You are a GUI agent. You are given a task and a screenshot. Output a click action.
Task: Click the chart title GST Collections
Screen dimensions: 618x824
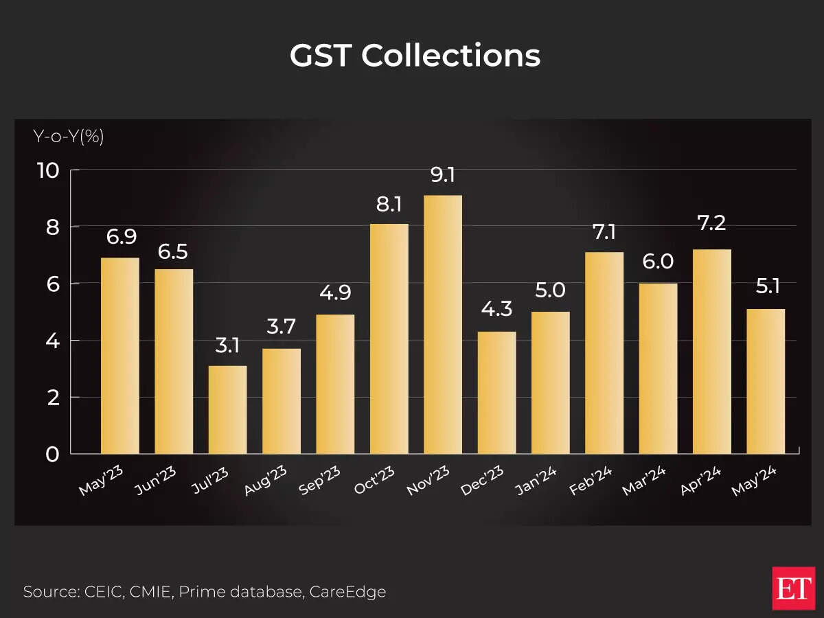point(415,56)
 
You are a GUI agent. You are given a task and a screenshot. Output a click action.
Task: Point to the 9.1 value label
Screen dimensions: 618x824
point(443,175)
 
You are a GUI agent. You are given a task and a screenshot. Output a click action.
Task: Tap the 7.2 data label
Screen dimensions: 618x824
point(711,222)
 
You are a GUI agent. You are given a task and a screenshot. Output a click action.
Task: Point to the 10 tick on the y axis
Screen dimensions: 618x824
point(49,170)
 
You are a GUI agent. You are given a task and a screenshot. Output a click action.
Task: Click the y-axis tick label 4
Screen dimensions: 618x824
point(54,341)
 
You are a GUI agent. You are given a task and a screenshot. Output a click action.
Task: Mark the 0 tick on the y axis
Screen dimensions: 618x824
point(54,454)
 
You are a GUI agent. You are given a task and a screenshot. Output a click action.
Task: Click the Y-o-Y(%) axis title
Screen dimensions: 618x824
point(69,137)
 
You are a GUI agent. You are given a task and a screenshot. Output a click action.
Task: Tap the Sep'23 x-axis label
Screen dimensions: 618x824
point(321,481)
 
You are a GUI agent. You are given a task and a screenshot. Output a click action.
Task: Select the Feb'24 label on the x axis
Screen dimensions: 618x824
point(591,480)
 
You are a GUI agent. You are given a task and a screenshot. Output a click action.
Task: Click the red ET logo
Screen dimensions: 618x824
point(792,588)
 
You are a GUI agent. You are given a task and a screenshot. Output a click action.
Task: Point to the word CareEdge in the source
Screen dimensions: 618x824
point(348,591)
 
